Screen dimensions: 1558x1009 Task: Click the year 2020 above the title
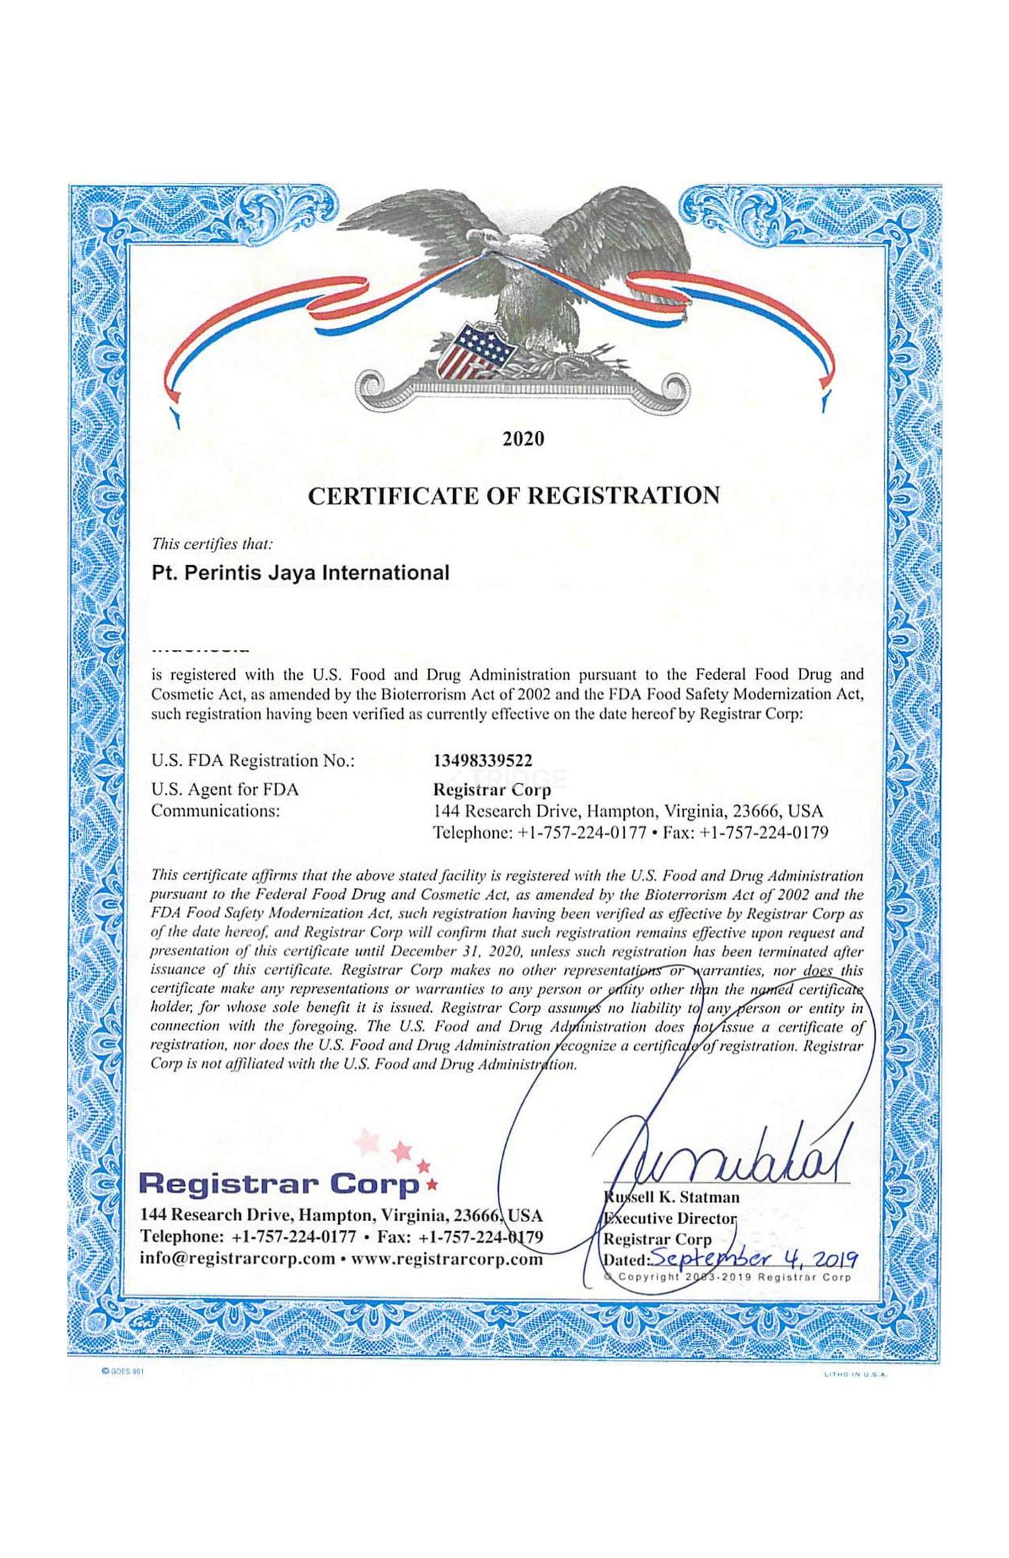(523, 439)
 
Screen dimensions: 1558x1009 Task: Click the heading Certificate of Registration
(513, 496)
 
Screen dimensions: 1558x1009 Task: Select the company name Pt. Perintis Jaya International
(300, 573)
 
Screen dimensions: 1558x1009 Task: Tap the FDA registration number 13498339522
(482, 761)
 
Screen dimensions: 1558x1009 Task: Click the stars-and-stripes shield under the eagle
(474, 350)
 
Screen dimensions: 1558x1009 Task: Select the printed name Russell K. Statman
(673, 1197)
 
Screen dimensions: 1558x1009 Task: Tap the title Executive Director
(671, 1218)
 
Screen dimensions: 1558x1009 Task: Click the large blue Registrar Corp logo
(283, 1183)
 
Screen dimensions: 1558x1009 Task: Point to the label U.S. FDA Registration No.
(252, 761)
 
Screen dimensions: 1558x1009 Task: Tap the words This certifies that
(212, 543)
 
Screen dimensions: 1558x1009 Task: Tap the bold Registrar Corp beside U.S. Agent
(492, 789)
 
